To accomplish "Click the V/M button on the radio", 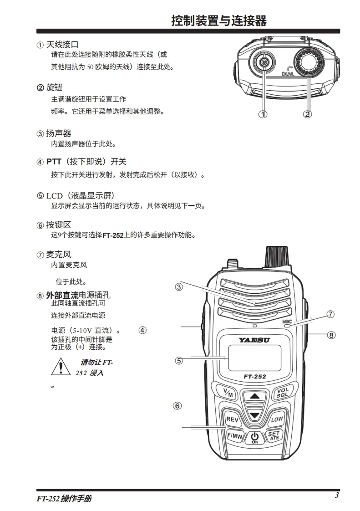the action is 228,393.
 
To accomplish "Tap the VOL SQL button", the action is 282,392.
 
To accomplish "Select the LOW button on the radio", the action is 277,419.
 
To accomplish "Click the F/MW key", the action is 234,436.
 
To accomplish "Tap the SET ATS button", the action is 274,436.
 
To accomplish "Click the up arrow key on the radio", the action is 254,396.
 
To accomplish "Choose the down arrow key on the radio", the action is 254,415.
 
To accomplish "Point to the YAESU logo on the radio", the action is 254,340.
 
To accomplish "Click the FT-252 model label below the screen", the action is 255,376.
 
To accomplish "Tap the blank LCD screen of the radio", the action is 254,358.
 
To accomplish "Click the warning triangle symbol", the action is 61,367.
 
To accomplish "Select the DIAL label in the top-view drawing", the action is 288,74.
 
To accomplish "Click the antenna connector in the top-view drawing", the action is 263,62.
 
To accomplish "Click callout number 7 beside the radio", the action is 331,314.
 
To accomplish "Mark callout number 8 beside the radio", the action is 331,335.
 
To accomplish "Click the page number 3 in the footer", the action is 337,496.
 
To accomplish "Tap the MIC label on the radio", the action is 287,322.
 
